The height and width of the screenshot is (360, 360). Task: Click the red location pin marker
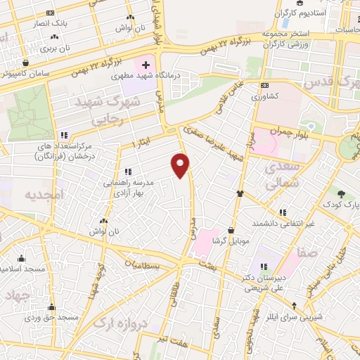point(181,165)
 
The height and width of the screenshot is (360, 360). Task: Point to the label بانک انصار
point(51,23)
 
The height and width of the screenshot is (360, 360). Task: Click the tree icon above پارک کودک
point(340,193)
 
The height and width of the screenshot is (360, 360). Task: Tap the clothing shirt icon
point(241,193)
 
